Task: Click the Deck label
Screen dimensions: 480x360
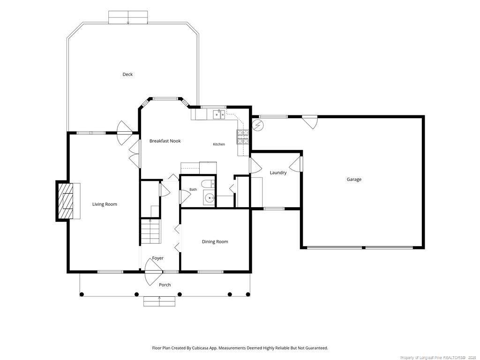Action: coord(127,75)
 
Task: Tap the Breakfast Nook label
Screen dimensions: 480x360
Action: coord(165,141)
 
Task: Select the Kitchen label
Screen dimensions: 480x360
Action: coord(219,144)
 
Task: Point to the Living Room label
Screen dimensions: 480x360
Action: coord(105,204)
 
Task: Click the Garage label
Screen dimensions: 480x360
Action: coord(354,180)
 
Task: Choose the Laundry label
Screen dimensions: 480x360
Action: coord(278,172)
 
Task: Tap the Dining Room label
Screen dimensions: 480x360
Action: coord(215,241)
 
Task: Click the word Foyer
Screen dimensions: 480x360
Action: coord(157,258)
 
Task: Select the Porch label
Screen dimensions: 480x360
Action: coord(165,285)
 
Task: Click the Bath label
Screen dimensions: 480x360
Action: coord(193,189)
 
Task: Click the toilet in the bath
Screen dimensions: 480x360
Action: coord(208,184)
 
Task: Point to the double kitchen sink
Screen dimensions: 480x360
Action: coord(219,114)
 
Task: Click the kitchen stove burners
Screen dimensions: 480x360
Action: coord(242,137)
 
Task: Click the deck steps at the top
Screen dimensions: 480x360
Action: coord(128,17)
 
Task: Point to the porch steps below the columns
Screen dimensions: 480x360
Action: coord(159,301)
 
